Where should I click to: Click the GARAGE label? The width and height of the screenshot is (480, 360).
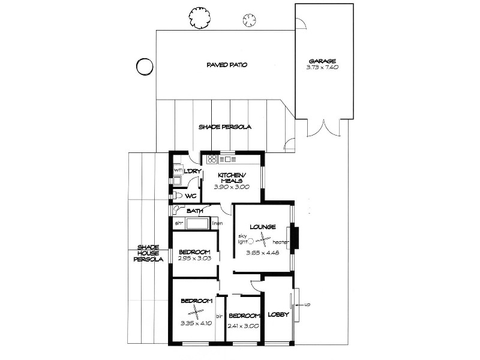pyautogui.click(x=322, y=61)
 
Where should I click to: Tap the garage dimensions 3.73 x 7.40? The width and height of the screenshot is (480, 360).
pyautogui.click(x=322, y=67)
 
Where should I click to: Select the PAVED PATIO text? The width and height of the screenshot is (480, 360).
pyautogui.click(x=227, y=65)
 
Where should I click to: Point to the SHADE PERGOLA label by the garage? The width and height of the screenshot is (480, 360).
pyautogui.click(x=224, y=127)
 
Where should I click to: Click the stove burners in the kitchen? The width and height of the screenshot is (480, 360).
pyautogui.click(x=212, y=159)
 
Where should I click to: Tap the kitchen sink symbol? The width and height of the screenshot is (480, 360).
pyautogui.click(x=229, y=159)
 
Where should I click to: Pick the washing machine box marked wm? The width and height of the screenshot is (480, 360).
pyautogui.click(x=178, y=170)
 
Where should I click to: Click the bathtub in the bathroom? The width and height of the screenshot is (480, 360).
pyautogui.click(x=197, y=224)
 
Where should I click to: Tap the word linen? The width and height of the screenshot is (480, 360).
pyautogui.click(x=217, y=224)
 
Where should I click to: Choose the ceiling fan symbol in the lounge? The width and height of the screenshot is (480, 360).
pyautogui.click(x=263, y=241)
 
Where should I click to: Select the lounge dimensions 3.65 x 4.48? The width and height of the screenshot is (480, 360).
pyautogui.click(x=262, y=253)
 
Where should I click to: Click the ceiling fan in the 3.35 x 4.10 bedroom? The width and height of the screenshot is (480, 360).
pyautogui.click(x=196, y=311)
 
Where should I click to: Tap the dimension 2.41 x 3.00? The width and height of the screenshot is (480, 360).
pyautogui.click(x=243, y=326)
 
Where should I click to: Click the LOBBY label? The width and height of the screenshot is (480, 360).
pyautogui.click(x=278, y=314)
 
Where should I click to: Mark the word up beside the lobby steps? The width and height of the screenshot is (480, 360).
pyautogui.click(x=307, y=305)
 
